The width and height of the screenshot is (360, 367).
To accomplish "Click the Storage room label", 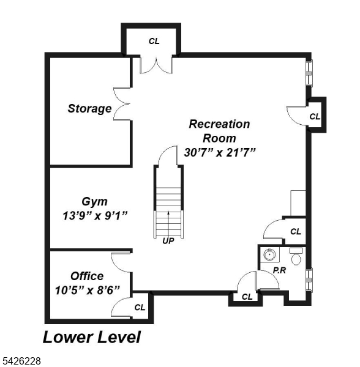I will click(89, 109).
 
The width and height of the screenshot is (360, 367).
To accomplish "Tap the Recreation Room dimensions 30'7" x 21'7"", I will click(219, 152).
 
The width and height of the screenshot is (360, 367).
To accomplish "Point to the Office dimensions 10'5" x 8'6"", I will click(86, 289).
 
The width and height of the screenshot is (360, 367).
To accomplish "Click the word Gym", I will click(94, 201).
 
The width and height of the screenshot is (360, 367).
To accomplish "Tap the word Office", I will click(86, 276).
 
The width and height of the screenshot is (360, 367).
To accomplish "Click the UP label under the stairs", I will click(168, 241).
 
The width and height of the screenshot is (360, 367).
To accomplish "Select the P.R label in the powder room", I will click(280, 270).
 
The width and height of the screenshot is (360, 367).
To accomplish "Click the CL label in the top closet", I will click(154, 41).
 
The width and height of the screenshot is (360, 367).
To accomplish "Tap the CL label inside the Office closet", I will click(140, 307).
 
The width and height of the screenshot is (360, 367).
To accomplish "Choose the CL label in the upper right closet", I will click(315, 116).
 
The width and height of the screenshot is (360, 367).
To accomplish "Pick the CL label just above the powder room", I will click(296, 231).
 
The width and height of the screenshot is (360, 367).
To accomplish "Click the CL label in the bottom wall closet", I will click(247, 297).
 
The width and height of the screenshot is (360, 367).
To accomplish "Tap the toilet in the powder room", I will click(296, 258).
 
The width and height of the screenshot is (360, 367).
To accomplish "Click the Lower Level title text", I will click(91, 337).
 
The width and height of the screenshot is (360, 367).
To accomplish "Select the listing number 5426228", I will click(21, 361).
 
